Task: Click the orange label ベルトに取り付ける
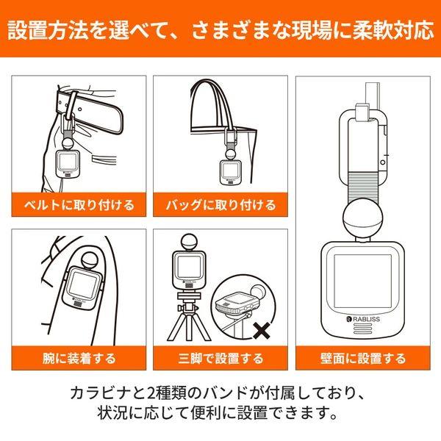point(77,204)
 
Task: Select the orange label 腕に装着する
point(77,359)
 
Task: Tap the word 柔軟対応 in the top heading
point(391,31)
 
